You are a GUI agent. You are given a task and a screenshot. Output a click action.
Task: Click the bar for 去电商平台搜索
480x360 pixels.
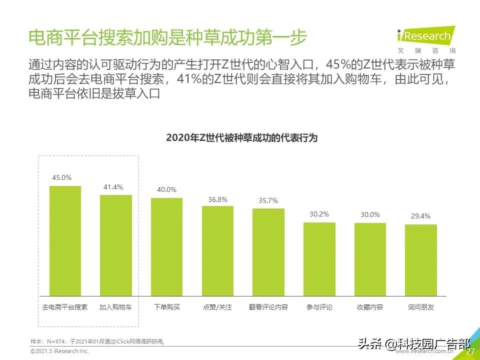pos(65,240)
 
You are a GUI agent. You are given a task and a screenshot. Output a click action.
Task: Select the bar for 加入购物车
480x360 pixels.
pos(116,245)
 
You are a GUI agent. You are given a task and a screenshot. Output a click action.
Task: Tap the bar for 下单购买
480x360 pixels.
pos(166,246)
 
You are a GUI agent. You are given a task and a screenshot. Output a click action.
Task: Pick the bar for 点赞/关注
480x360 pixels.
pos(217,250)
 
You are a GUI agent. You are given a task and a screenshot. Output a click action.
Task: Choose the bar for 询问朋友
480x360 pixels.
pos(420,260)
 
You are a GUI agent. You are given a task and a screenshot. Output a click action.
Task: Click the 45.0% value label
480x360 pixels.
pos(62,177)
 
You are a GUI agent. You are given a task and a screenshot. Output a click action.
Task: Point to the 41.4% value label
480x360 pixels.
pos(113,186)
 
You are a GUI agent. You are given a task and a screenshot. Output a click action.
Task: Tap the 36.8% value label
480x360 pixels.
pos(217,199)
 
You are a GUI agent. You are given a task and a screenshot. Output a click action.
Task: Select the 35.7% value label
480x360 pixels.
pos(268,201)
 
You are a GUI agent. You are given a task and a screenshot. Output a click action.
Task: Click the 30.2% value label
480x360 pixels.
pos(319,214)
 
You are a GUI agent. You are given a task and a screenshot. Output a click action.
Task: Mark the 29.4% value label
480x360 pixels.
pos(420,216)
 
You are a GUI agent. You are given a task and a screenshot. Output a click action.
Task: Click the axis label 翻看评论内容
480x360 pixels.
pos(268,307)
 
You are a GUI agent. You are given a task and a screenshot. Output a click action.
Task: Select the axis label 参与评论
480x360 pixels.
pos(319,307)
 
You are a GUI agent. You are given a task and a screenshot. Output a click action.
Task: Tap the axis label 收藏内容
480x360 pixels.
pos(370,307)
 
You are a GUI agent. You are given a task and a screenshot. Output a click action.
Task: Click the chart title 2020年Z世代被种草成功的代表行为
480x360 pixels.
pos(241,138)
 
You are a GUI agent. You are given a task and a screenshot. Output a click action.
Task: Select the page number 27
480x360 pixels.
pos(470,351)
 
